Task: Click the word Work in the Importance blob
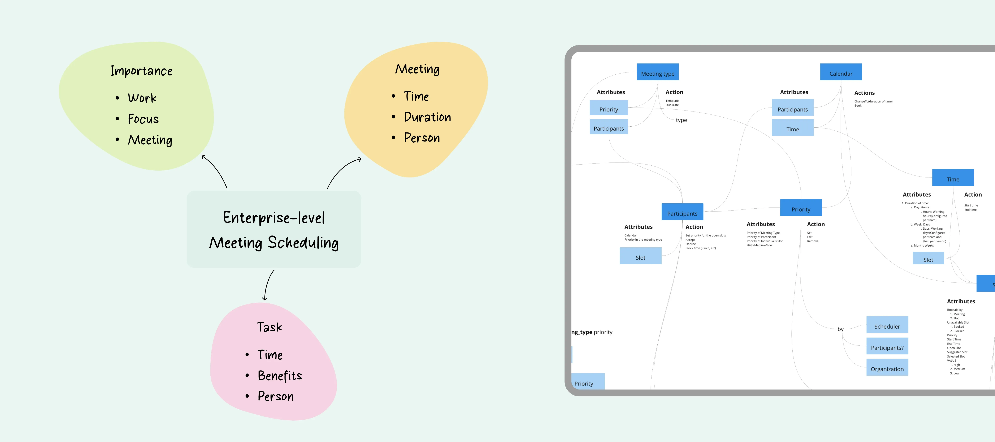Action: click(x=142, y=98)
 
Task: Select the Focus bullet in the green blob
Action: click(x=143, y=119)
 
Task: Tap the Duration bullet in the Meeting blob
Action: click(x=427, y=117)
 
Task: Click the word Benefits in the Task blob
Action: click(x=280, y=376)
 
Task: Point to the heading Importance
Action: click(x=141, y=71)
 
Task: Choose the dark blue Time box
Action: click(x=953, y=178)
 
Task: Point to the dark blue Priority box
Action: click(x=801, y=208)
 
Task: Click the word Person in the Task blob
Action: click(x=275, y=396)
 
